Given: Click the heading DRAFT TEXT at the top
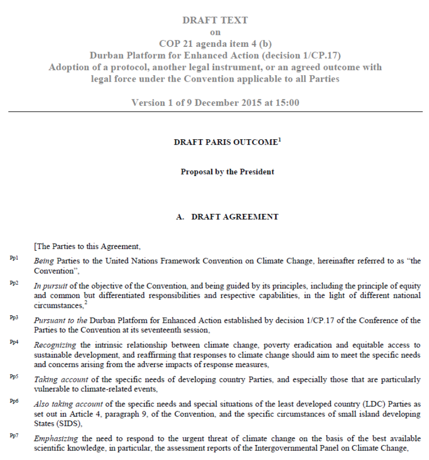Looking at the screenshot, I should pos(215,20).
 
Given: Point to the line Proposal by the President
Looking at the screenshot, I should pos(227,172).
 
